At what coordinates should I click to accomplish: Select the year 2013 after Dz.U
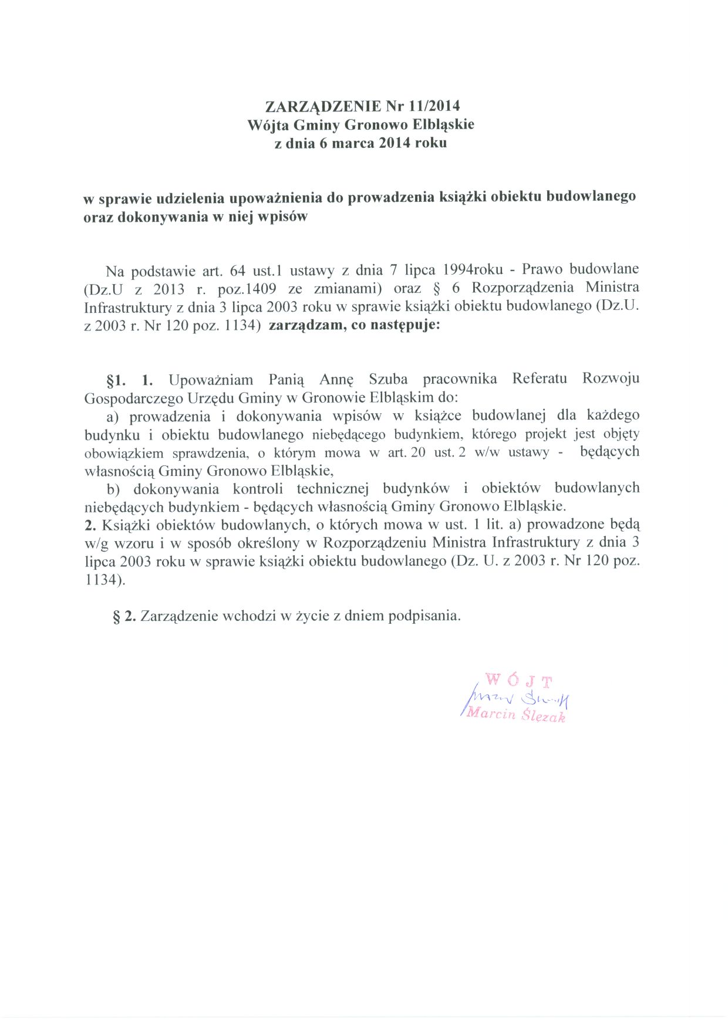[x=169, y=289]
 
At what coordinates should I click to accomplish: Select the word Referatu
[x=540, y=379]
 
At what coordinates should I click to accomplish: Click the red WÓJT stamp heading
[x=518, y=681]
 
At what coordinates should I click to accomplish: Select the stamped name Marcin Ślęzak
[x=515, y=715]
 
